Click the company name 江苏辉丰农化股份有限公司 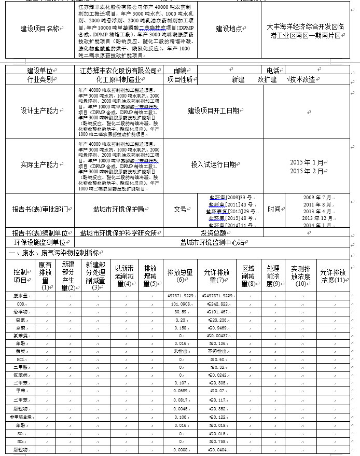coord(119,71)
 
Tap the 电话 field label coord(273,71)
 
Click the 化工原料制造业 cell coord(119,79)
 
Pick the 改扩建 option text coord(268,79)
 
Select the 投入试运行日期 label coord(213,164)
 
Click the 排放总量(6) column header coord(180,275)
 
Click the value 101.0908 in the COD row coord(181,303)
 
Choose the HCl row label coord(21,359)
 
